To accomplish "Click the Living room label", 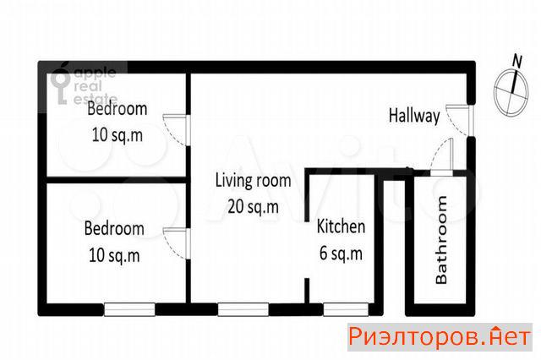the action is (x=254, y=181).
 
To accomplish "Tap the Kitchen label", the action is (x=341, y=226).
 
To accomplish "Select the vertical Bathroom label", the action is (x=441, y=240).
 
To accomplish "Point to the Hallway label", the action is (x=414, y=116).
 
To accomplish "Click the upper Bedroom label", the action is (x=117, y=109).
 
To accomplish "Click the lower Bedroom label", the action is (x=114, y=229).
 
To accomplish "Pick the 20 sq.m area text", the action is (x=254, y=207).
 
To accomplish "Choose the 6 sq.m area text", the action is (x=341, y=254).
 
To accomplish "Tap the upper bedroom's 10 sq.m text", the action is (x=117, y=135).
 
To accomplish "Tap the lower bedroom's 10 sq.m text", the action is (x=114, y=255).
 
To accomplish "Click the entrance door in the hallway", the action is (x=460, y=120).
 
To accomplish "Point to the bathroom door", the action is (x=442, y=157).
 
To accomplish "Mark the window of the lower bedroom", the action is (x=129, y=309).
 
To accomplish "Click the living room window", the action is (x=243, y=309).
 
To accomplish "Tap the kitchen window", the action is (x=346, y=309).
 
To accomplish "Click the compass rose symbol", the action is (x=511, y=92).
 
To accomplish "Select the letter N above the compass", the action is (x=516, y=61).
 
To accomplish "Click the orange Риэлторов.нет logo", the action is (x=440, y=337).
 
